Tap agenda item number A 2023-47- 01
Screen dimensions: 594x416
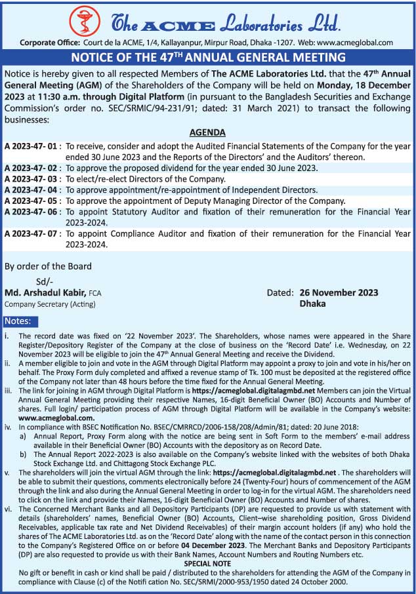click(x=32, y=145)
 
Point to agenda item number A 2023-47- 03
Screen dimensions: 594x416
click(x=32, y=179)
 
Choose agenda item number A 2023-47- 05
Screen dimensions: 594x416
click(x=32, y=201)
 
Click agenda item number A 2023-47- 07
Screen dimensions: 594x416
click(x=32, y=233)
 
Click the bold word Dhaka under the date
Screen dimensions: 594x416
click(x=312, y=304)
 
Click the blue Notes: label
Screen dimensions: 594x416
click(x=20, y=321)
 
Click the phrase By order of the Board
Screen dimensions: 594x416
click(x=48, y=266)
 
